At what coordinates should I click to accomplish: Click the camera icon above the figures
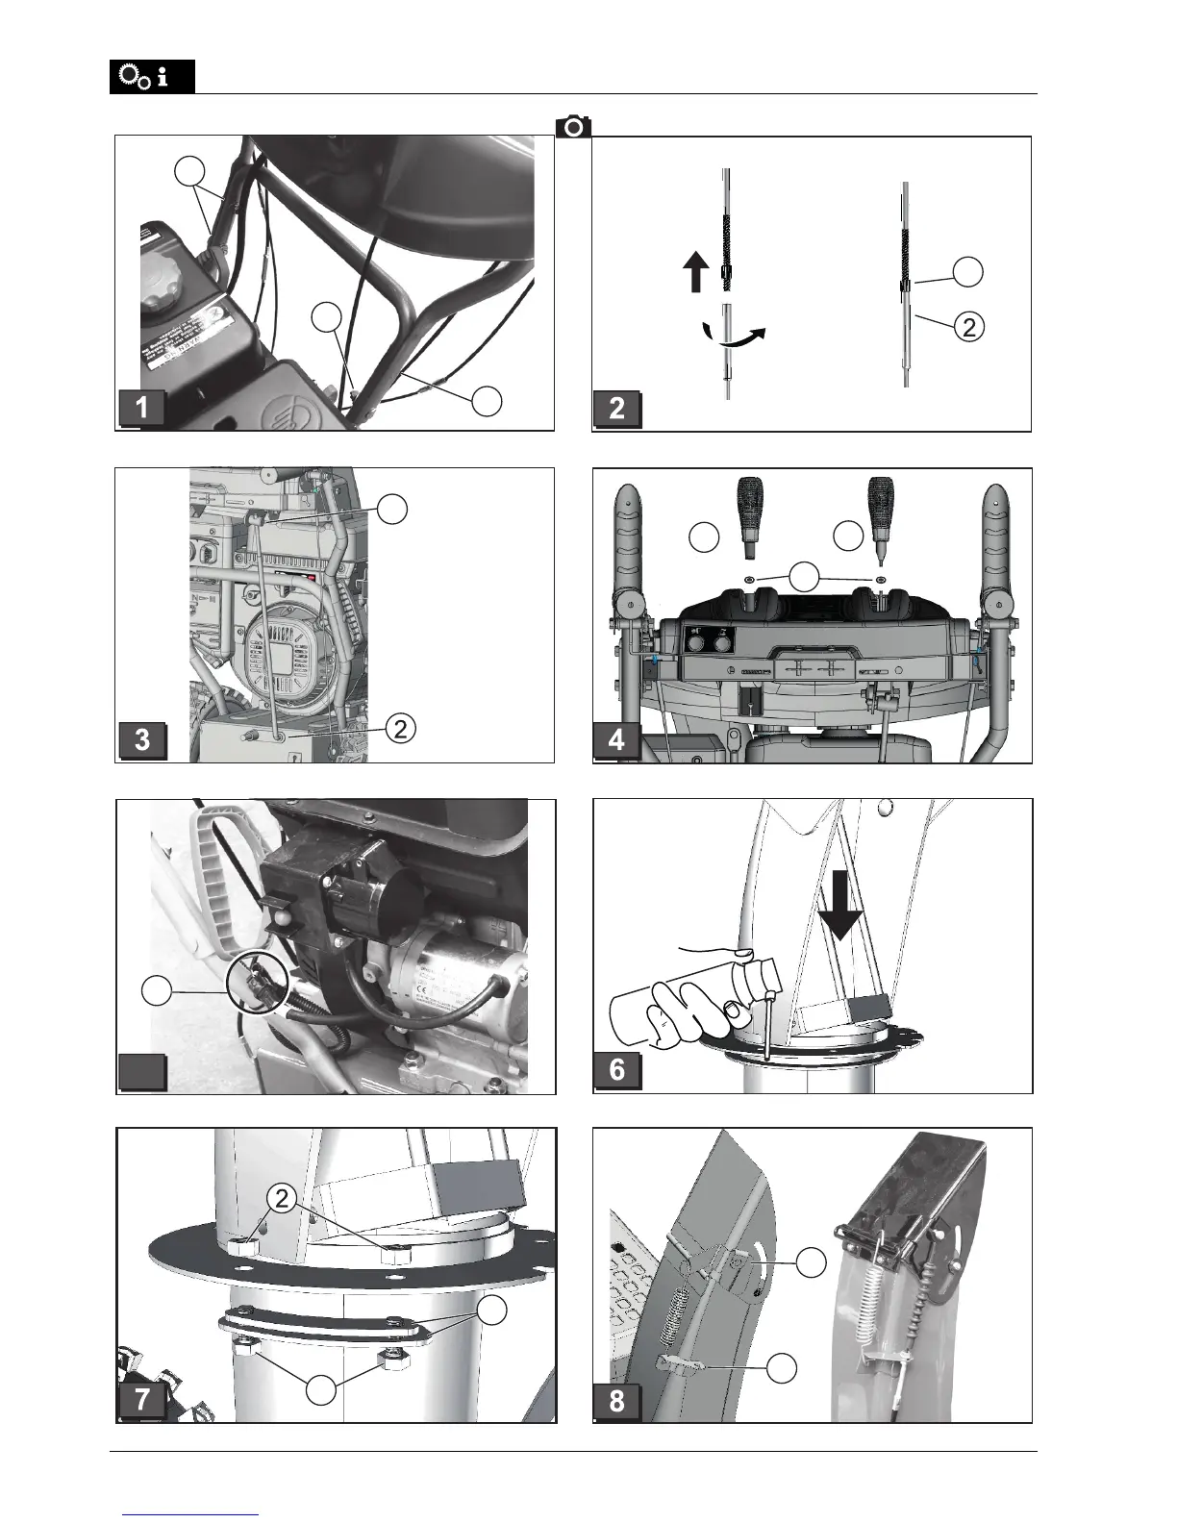pos(573,127)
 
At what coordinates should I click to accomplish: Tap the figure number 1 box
pos(142,408)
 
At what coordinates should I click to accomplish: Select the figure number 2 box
pos(617,408)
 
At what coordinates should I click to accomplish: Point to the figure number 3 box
pos(142,741)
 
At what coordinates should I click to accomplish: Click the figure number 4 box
pos(617,741)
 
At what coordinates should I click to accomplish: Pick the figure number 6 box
pos(617,1070)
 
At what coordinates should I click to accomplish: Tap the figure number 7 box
pos(142,1398)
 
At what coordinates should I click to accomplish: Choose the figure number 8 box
pos(617,1399)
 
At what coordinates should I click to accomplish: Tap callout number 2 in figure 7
pos(281,1198)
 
